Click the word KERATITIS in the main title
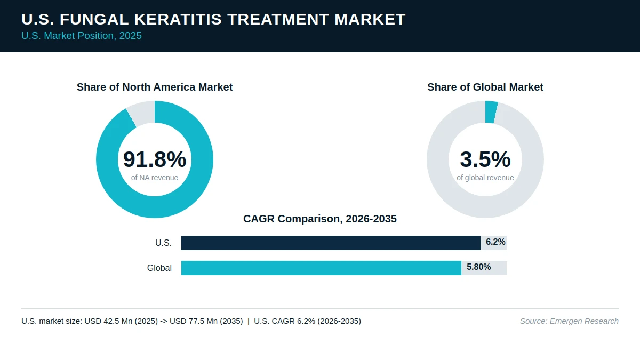coord(178,19)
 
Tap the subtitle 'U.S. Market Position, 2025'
coord(82,36)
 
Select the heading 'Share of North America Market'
coord(155,87)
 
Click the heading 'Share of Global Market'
coord(485,87)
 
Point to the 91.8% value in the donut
coord(155,159)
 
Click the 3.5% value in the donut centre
coord(485,159)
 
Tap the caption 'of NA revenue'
coord(155,178)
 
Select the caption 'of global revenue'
coord(485,178)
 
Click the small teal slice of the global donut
coord(491,112)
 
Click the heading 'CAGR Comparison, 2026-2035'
coord(320,219)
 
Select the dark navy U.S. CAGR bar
coord(331,243)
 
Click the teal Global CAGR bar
coord(321,268)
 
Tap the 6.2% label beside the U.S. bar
coord(495,242)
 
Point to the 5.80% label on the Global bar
coord(479,267)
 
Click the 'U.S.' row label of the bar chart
coord(163,243)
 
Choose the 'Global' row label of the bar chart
coord(159,268)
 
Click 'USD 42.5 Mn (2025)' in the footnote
coord(121,321)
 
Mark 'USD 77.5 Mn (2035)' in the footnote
coord(206,321)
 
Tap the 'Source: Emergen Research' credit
coord(569,321)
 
